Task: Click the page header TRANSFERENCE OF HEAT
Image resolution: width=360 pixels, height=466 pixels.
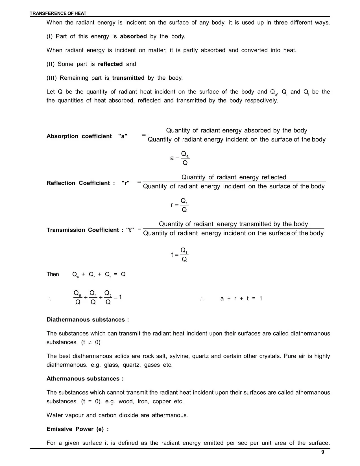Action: click(58, 13)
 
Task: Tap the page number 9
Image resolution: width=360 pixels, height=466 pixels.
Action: click(323, 452)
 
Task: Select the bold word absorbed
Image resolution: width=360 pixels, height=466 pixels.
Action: click(133, 36)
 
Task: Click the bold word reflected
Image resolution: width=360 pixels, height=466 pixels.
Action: click(110, 64)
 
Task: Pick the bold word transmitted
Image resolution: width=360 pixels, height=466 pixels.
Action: click(128, 78)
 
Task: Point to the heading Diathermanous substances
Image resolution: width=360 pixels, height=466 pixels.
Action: click(88, 320)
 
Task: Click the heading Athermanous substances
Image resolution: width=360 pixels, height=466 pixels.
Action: click(85, 379)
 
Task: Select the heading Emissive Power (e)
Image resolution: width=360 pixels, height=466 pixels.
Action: click(78, 429)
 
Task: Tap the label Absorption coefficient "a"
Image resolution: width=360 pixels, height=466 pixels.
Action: click(87, 136)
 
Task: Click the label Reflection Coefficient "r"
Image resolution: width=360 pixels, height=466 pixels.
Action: click(88, 183)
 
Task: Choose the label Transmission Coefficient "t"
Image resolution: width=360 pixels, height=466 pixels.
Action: click(90, 230)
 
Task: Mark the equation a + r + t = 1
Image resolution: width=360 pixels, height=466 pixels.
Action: click(241, 299)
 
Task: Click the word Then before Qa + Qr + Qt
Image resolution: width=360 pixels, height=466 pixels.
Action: click(53, 275)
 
